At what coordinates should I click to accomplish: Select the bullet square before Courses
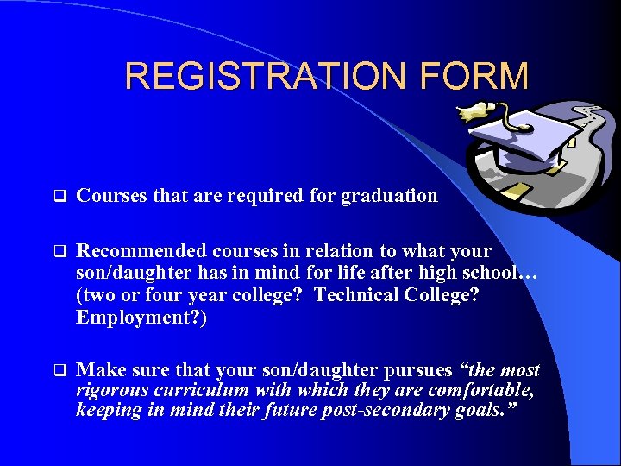[x=60, y=196]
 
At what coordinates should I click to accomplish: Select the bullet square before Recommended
[x=60, y=251]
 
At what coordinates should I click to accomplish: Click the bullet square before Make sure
[x=60, y=370]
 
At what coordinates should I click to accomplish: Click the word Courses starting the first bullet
[x=111, y=196]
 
